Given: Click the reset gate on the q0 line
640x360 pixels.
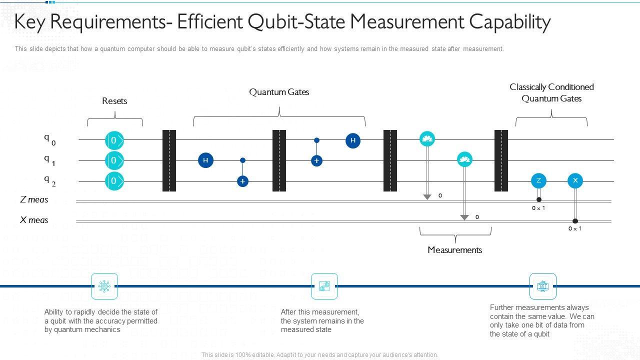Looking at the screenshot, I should click(x=114, y=140).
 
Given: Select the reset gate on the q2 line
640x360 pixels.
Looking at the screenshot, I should click(x=114, y=180).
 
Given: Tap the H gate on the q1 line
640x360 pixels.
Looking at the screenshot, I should click(x=205, y=160).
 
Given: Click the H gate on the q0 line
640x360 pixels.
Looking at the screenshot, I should click(x=353, y=140).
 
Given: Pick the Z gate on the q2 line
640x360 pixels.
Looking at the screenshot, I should click(x=538, y=180).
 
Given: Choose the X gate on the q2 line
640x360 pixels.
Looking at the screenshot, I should click(x=575, y=180).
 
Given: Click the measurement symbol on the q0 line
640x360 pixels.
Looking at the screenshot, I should click(x=427, y=139).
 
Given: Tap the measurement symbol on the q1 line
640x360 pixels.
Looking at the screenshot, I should click(x=464, y=159).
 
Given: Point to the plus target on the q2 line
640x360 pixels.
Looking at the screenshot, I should click(x=242, y=181).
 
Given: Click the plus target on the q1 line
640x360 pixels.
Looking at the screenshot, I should click(x=316, y=160).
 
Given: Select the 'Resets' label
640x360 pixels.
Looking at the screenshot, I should click(x=114, y=101).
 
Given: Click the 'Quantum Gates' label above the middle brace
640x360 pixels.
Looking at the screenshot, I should click(x=279, y=92).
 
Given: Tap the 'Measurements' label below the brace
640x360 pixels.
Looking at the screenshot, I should click(x=454, y=250).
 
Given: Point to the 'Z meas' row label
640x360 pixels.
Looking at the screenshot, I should click(x=34, y=199).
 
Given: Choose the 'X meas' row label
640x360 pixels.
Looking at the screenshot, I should click(x=34, y=220).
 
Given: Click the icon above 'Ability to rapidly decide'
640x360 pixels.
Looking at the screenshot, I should click(x=104, y=286).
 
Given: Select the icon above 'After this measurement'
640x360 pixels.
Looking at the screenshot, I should click(x=324, y=286).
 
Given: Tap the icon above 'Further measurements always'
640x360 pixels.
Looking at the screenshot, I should click(x=542, y=286).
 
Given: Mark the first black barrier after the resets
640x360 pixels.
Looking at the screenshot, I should click(x=169, y=160).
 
